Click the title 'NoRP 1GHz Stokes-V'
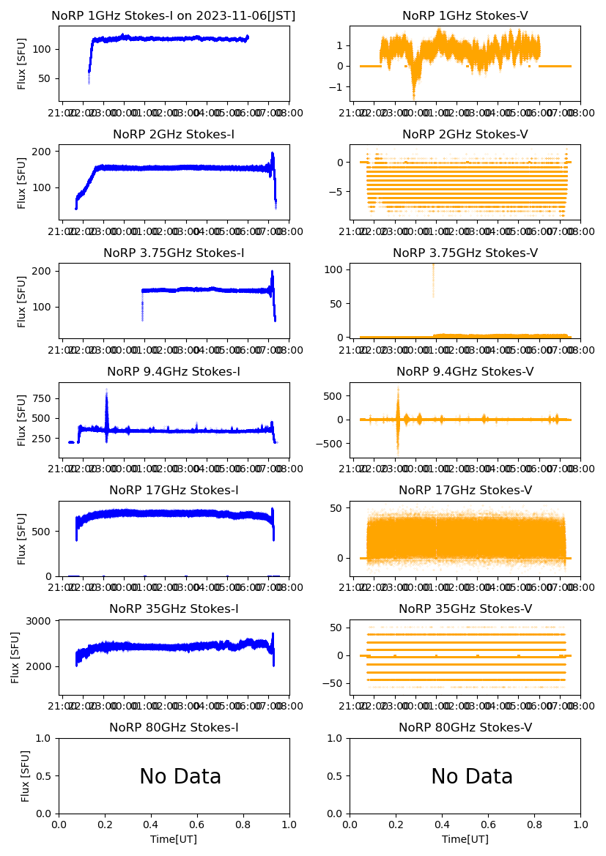pyautogui.click(x=465, y=16)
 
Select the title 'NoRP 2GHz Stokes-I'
pyautogui.click(x=174, y=135)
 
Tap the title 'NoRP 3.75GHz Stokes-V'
pyautogui.click(x=465, y=253)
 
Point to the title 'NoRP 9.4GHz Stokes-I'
pyautogui.click(x=174, y=372)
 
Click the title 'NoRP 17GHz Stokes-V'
pyautogui.click(x=465, y=491)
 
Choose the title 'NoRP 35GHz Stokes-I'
pyautogui.click(x=174, y=609)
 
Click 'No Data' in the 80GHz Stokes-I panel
pyautogui.click(x=180, y=777)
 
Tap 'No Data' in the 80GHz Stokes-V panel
pyautogui.click(x=472, y=777)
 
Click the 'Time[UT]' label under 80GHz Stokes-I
pyautogui.click(x=174, y=839)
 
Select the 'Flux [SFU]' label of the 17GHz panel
pyautogui.click(x=22, y=539)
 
